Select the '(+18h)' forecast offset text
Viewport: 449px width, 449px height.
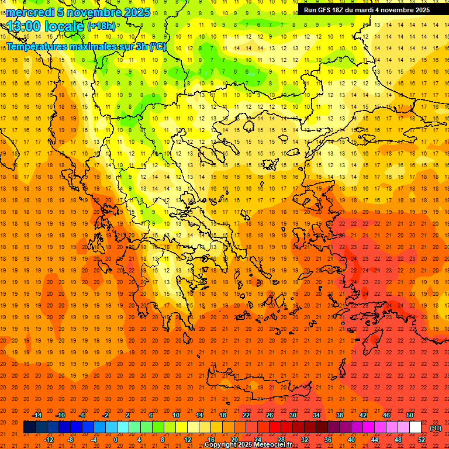tap(101, 26)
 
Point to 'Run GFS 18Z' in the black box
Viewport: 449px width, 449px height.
tap(324, 10)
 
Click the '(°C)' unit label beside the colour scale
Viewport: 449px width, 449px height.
tap(436, 428)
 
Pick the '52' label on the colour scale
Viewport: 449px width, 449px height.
tap(422, 440)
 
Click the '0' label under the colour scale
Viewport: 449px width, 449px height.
tap(116, 440)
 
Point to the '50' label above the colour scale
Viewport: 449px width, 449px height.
tap(409, 415)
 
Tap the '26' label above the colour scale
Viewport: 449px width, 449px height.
tap(270, 415)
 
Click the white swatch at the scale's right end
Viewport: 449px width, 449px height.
tap(415, 427)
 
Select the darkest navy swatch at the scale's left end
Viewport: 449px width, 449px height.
tap(29, 427)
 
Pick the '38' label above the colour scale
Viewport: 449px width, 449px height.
tap(339, 415)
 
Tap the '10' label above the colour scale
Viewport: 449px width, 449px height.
tap(176, 415)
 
